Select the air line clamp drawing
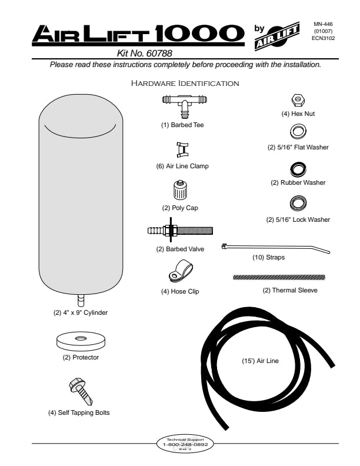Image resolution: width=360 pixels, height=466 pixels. click(x=182, y=149)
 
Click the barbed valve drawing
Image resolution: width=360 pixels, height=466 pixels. click(x=180, y=231)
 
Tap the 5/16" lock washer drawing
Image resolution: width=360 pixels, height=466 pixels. click(x=298, y=204)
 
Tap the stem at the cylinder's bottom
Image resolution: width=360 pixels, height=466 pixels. click(x=81, y=298)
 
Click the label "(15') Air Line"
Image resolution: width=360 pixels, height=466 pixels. click(x=260, y=361)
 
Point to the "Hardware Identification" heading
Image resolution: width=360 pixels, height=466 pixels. click(x=185, y=84)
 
